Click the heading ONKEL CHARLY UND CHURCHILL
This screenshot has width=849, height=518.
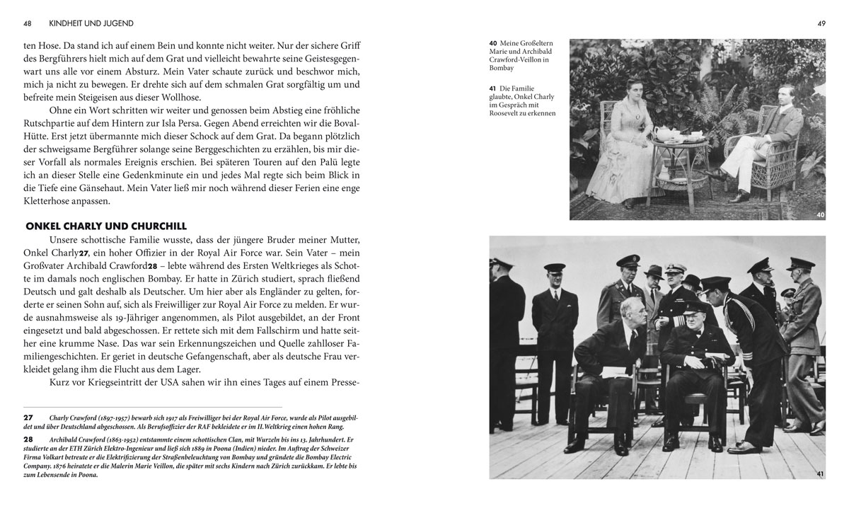106,226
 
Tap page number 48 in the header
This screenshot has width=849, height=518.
28,23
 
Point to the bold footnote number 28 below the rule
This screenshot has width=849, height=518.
28,439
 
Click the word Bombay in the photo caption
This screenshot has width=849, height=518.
502,69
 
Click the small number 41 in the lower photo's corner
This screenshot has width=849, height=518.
820,473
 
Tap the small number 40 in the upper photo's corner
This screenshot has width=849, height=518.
820,214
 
